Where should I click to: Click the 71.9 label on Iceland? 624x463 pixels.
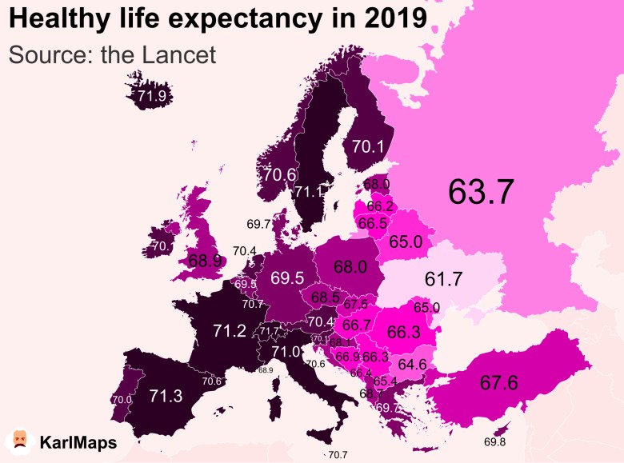coord(152,97)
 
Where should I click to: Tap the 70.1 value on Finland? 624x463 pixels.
coord(369,146)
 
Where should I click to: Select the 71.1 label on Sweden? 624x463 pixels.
coord(309,192)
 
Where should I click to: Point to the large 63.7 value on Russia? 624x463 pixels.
coord(481,191)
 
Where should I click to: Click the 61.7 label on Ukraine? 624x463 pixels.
coord(444,279)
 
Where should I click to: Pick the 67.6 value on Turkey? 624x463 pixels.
coord(499,383)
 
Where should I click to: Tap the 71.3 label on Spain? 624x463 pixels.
coord(166,395)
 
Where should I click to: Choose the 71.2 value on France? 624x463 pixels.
coord(230,330)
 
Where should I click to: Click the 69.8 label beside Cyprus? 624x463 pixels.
coord(495,442)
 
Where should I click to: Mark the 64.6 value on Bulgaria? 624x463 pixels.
coord(412,364)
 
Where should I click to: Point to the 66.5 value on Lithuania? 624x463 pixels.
coord(372,223)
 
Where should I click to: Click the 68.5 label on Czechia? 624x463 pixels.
coord(326,297)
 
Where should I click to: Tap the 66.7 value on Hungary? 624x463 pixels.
coord(356,325)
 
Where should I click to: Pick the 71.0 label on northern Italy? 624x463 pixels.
coord(286,351)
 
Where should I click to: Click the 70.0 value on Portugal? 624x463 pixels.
coord(122,400)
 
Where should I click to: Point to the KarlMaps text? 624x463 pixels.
coord(78,442)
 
